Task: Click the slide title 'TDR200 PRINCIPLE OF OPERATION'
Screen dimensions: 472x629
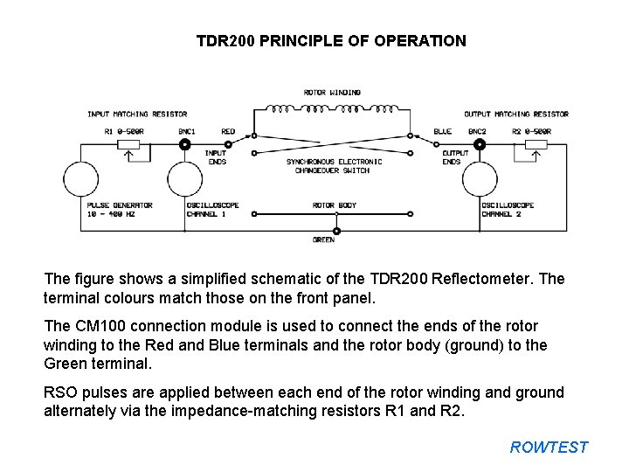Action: point(331,41)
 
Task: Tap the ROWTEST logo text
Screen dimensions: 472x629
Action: point(550,448)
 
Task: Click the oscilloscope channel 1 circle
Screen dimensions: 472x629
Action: point(184,180)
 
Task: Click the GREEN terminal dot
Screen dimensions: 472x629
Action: point(336,231)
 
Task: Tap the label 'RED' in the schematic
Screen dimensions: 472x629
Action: point(228,131)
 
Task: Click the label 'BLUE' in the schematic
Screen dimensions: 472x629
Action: point(442,131)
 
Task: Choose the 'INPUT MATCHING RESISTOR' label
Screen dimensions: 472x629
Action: point(137,114)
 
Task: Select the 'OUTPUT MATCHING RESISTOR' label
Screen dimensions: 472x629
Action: point(515,114)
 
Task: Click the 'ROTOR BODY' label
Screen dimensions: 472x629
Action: point(335,205)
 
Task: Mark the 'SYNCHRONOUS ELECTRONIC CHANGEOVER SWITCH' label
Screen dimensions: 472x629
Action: point(335,166)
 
